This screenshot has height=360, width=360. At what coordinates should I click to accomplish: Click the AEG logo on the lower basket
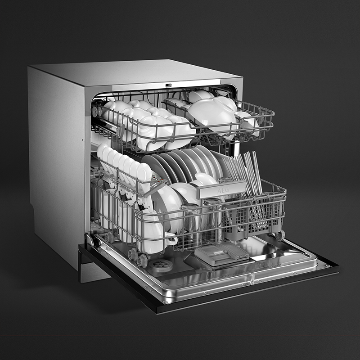click(223, 190)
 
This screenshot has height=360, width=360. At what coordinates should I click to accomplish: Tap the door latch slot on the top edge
click(168, 85)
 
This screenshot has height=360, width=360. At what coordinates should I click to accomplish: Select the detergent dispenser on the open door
click(221, 254)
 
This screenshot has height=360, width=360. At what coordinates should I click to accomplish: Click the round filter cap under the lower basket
click(161, 265)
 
